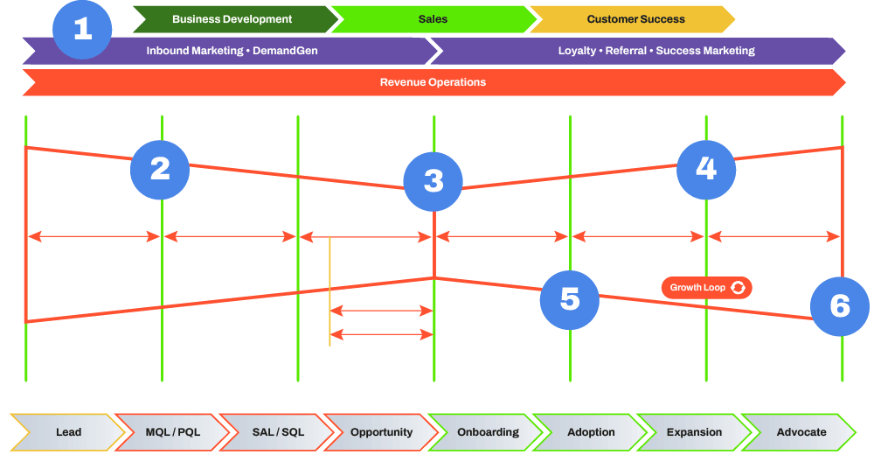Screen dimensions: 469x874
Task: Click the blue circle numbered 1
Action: pyautogui.click(x=83, y=29)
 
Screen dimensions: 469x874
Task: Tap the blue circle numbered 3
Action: pyautogui.click(x=434, y=180)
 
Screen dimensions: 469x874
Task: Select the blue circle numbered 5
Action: pyautogui.click(x=570, y=299)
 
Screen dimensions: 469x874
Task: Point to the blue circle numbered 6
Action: pyautogui.click(x=839, y=305)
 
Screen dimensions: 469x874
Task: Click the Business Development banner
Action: pyautogui.click(x=232, y=18)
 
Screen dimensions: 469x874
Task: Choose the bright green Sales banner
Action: pyautogui.click(x=432, y=18)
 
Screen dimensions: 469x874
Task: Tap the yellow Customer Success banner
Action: pyautogui.click(x=635, y=18)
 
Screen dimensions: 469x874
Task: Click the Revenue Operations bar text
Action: pyautogui.click(x=433, y=82)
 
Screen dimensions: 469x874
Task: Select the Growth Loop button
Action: pyautogui.click(x=706, y=287)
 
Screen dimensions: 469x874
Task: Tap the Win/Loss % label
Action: pyautogui.click(x=381, y=304)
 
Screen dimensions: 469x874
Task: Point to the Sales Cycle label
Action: pyautogui.click(x=381, y=327)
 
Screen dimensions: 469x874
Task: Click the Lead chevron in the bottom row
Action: pyautogui.click(x=68, y=431)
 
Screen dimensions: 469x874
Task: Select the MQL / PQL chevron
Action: pyautogui.click(x=174, y=431)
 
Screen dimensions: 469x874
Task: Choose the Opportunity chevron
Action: pyautogui.click(x=381, y=431)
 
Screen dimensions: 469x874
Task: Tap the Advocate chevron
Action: pyautogui.click(x=801, y=431)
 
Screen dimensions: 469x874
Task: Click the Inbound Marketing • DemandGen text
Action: pyautogui.click(x=232, y=51)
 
